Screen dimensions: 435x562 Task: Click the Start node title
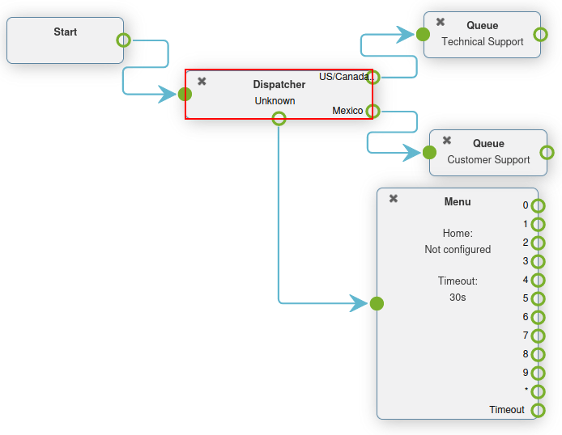(x=66, y=32)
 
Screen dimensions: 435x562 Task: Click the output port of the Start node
(x=123, y=40)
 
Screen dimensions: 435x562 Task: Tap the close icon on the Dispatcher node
(x=202, y=81)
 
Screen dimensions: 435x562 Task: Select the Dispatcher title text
(x=279, y=84)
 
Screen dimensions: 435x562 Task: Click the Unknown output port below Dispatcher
(x=279, y=119)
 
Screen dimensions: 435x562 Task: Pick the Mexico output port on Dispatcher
(x=373, y=112)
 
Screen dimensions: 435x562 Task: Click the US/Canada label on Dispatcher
(x=343, y=77)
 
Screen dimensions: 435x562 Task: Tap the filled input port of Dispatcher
(x=185, y=95)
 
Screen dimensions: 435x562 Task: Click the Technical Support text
(x=483, y=41)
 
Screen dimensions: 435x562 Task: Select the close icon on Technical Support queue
(x=441, y=23)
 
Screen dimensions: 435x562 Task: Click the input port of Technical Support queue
(x=423, y=35)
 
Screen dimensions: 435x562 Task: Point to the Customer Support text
(x=488, y=159)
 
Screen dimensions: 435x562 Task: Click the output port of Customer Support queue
(x=547, y=152)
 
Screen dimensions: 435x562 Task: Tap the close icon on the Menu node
(x=394, y=199)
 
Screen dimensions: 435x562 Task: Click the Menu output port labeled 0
(x=539, y=205)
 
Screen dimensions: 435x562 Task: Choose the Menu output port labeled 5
(x=539, y=298)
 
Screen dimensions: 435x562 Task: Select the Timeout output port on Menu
(x=539, y=410)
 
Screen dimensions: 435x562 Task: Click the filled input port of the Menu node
(x=377, y=304)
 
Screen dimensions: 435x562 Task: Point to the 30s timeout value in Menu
(x=458, y=297)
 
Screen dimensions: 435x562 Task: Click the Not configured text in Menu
(x=458, y=250)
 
